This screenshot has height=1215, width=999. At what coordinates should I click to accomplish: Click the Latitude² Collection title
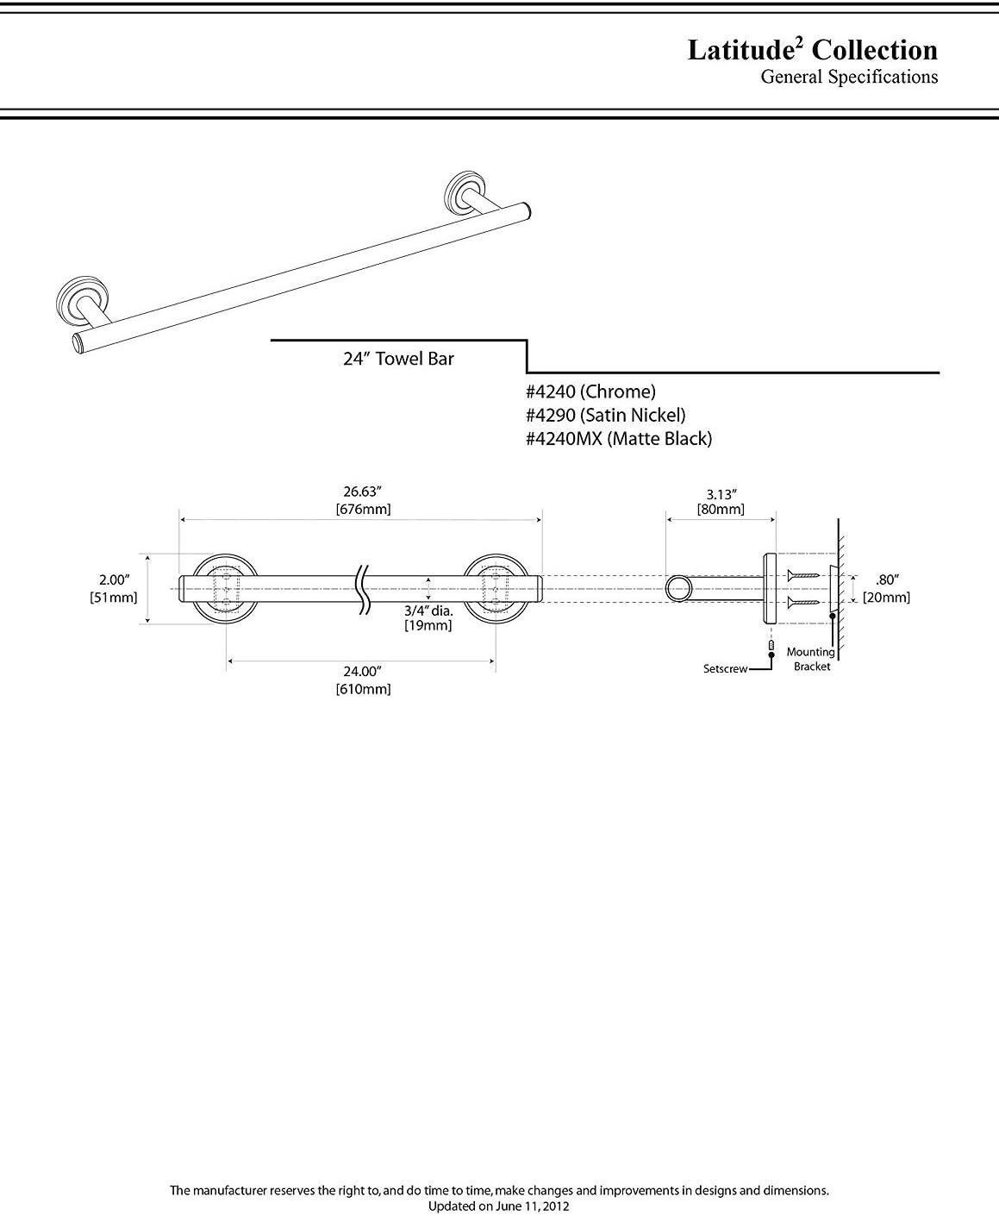point(812,50)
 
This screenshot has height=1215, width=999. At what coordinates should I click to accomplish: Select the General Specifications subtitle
point(848,78)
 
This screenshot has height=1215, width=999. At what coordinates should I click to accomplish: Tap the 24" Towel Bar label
point(398,359)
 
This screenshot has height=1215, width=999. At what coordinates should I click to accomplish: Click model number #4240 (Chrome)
point(590,391)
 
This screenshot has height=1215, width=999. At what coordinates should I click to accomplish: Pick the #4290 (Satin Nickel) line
point(605,415)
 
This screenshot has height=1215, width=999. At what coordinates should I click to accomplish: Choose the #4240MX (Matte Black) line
point(618,438)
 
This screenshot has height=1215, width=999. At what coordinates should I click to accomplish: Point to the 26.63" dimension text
point(362,492)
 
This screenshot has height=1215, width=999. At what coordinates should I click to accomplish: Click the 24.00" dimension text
point(362,671)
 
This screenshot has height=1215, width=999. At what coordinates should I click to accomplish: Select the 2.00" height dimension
point(113,580)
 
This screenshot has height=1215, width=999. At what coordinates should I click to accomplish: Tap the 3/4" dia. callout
point(428,611)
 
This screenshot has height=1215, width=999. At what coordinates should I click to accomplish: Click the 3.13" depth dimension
point(721,494)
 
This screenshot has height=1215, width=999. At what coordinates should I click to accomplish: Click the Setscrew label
point(725,669)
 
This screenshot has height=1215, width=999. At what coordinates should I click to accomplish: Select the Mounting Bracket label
point(810,660)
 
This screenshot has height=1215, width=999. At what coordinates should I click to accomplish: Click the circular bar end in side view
point(677,589)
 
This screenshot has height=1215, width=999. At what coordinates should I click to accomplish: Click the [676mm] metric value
point(362,509)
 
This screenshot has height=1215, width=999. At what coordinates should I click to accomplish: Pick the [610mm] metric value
point(362,689)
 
